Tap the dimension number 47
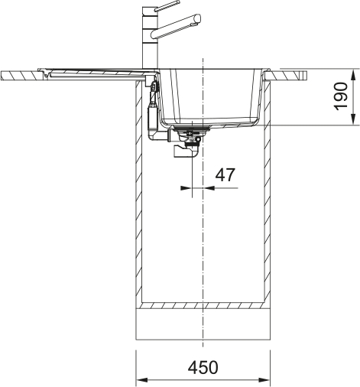224,175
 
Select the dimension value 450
203,368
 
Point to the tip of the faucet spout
199,16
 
